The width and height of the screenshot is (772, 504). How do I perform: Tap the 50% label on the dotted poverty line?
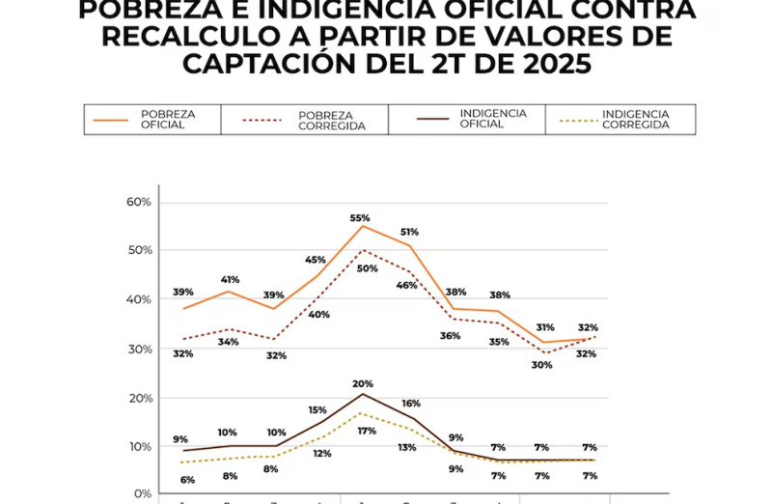point(367,268)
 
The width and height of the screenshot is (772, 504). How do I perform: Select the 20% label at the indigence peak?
point(363,383)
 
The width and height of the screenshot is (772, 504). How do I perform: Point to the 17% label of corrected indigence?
point(367,431)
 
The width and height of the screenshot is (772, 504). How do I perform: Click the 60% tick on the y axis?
point(140,202)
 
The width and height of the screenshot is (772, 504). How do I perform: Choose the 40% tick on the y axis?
point(140,299)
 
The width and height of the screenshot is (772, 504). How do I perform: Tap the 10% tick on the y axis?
point(140,446)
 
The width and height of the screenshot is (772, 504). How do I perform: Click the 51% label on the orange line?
point(408,232)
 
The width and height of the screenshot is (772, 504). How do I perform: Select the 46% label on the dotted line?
point(407,285)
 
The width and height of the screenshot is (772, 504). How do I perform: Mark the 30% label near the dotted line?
point(541,365)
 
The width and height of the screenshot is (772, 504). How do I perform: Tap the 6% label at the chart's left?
point(187,480)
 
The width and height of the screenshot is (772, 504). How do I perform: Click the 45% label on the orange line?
point(316,260)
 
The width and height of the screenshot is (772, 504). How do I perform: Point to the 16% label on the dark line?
point(411,404)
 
